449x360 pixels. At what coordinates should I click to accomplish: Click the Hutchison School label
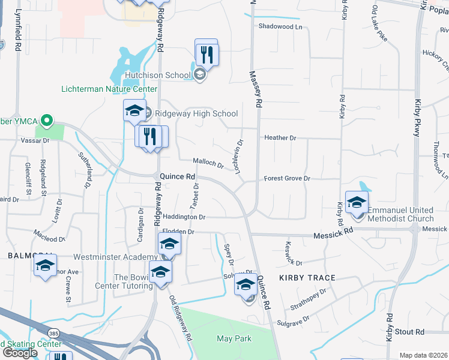pos(158,75)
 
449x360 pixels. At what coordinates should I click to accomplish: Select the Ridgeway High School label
pos(196,113)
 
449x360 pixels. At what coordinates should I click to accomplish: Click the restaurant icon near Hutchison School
pos(207,55)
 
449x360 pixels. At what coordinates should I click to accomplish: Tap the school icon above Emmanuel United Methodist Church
pos(357,203)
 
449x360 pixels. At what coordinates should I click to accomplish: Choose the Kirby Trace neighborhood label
pos(307,278)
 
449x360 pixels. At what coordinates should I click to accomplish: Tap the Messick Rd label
pos(333,236)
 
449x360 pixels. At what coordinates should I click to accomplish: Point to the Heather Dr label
pos(280,138)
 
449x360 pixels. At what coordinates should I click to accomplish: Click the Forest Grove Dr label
pos(287,179)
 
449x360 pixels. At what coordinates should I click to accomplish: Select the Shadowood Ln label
pos(280,26)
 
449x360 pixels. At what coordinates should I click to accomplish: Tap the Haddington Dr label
pos(184,217)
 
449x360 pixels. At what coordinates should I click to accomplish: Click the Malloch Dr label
pos(208,162)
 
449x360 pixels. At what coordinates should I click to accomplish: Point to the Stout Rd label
pos(410,332)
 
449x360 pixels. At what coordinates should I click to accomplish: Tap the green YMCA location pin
pos(45,120)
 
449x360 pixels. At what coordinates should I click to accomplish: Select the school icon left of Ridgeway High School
pos(135,111)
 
